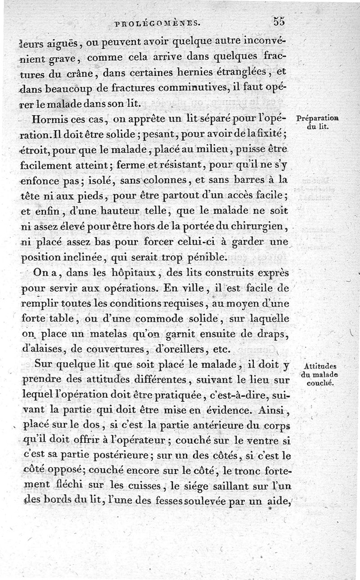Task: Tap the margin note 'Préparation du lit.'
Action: point(318,122)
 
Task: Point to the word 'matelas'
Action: point(112,334)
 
